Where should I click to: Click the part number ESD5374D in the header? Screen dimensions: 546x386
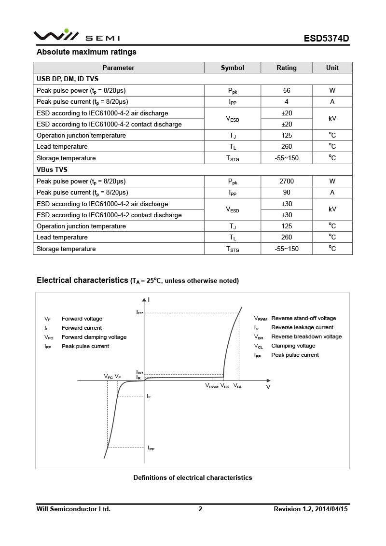coord(326,38)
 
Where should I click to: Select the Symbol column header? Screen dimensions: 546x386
coord(233,68)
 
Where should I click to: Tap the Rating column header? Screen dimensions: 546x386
coord(287,68)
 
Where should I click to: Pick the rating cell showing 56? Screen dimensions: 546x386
coord(287,90)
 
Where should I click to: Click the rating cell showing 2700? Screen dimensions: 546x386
coord(287,181)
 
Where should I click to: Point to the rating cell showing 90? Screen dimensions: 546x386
coord(287,192)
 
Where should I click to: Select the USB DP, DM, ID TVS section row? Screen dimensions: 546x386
coord(68,79)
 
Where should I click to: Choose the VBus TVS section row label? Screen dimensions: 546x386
coord(52,169)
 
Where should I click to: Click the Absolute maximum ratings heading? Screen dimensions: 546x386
coord(86,52)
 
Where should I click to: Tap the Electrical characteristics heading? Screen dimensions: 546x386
coord(82,280)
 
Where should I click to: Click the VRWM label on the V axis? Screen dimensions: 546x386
coord(212,386)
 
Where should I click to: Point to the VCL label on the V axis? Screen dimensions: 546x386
coord(238,386)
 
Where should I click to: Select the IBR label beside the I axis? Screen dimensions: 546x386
coord(139,372)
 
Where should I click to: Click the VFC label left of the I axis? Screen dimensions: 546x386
coord(109,377)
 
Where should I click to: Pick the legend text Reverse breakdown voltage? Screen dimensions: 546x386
coord(306,336)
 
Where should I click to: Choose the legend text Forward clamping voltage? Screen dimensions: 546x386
coord(94,337)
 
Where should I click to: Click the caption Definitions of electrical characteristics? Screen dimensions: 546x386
coord(193,477)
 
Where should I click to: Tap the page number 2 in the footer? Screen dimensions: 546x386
coord(200,509)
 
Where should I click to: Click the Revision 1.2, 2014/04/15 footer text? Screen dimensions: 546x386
coord(311,509)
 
